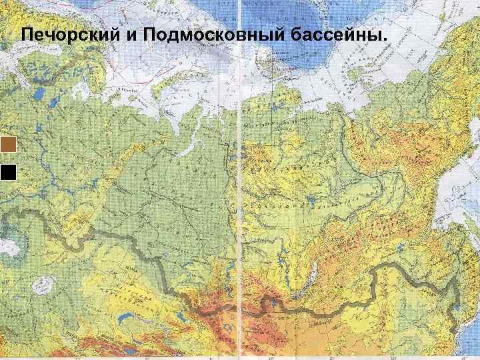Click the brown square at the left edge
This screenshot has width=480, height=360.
point(9,145)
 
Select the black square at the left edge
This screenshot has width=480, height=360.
point(9,172)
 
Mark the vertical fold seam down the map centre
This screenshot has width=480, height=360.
point(238,200)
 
